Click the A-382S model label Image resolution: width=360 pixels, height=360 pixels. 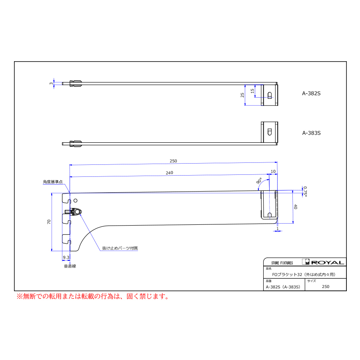311,94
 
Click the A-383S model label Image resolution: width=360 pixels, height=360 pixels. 311,133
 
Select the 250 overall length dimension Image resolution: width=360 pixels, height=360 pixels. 173,161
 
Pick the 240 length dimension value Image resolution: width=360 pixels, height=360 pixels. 170,173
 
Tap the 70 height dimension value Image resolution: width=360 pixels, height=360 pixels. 49,222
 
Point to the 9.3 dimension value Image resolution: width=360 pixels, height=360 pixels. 66,257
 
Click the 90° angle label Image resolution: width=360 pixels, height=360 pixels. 259,181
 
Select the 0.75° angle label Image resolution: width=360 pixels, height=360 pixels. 305,192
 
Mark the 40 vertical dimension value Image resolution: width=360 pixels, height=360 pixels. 296,207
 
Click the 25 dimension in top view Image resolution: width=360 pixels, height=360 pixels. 242,95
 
